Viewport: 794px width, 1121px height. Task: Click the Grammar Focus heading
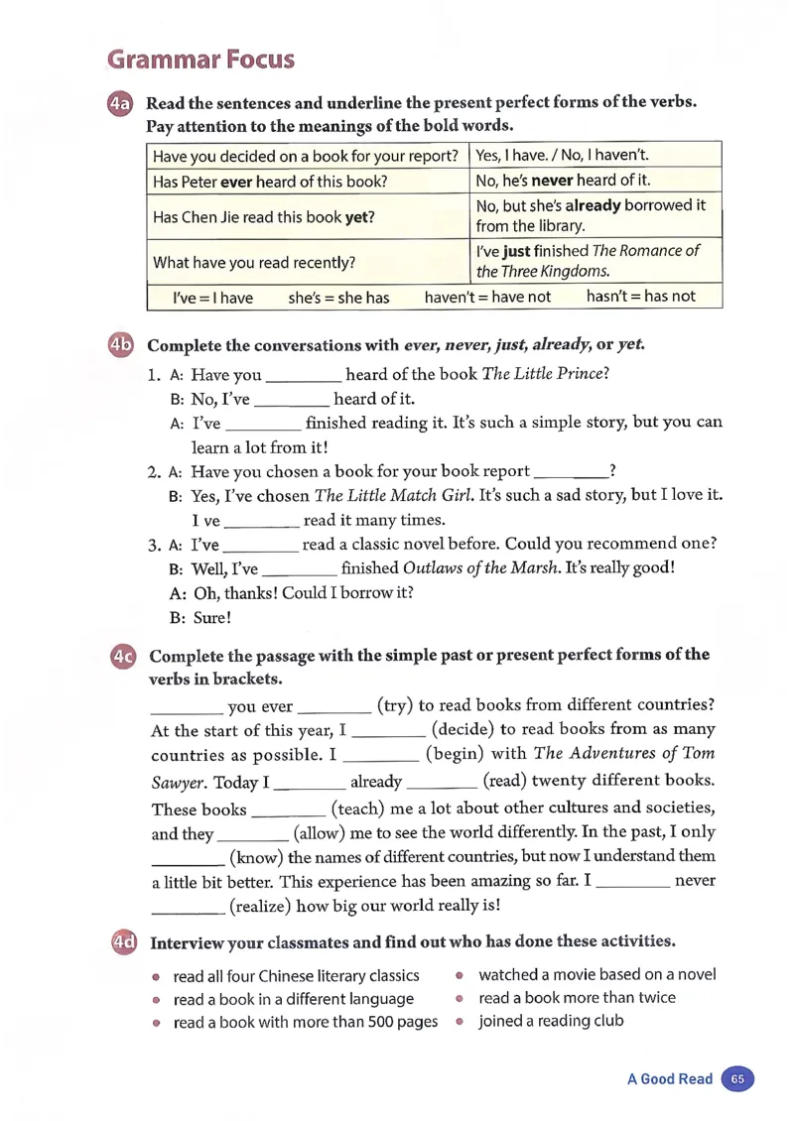(x=201, y=59)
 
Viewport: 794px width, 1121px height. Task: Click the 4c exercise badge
(x=123, y=656)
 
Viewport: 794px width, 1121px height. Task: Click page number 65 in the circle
(x=737, y=1078)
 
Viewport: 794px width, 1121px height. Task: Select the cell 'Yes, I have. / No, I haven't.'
(x=563, y=155)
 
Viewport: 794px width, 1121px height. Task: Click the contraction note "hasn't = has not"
(x=641, y=297)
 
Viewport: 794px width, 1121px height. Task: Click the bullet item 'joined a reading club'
(x=551, y=1020)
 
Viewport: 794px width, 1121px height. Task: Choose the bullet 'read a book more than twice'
(x=577, y=997)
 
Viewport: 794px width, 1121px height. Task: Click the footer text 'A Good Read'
(x=669, y=1079)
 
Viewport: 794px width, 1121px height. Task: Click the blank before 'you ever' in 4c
(x=187, y=706)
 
